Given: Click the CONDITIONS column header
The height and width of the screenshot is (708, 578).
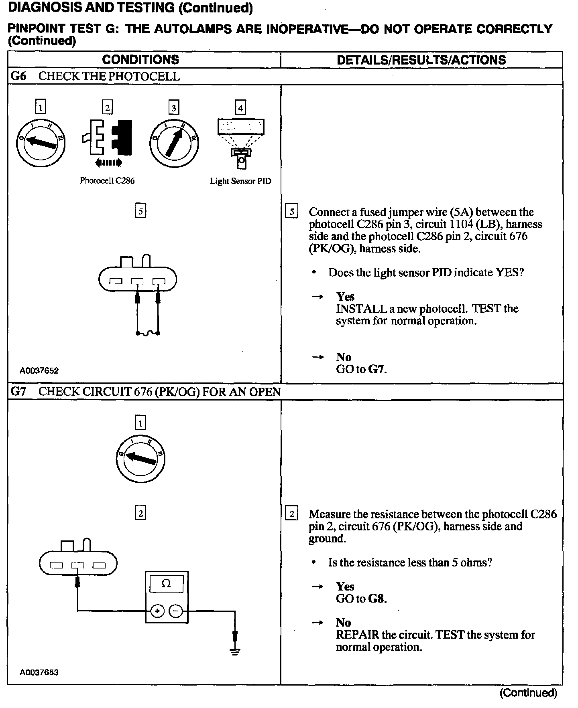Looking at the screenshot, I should (x=140, y=60).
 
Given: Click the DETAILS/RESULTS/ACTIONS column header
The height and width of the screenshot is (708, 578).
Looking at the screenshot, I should (x=421, y=60).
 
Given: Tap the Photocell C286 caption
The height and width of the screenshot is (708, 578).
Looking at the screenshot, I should (x=107, y=181).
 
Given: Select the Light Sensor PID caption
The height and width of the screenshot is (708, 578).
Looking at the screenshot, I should (x=240, y=181).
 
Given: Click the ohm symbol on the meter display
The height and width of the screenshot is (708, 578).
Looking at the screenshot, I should (x=166, y=584).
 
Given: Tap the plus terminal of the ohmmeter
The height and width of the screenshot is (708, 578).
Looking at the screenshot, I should (x=157, y=611).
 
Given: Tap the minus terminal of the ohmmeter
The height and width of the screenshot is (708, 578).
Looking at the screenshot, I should (x=175, y=611).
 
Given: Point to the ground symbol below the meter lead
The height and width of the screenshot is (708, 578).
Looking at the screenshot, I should (x=235, y=651).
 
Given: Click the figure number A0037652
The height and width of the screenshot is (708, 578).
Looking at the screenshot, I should (x=39, y=371).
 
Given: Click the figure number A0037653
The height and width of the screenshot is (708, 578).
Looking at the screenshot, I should (x=39, y=672).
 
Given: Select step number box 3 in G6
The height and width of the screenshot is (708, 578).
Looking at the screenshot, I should (x=173, y=108).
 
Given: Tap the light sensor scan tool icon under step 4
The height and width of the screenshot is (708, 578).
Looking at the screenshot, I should (x=241, y=142).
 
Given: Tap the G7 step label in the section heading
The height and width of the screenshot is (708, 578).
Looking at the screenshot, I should (x=18, y=392).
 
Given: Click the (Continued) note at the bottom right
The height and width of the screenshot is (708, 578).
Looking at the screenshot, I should (x=528, y=693).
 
